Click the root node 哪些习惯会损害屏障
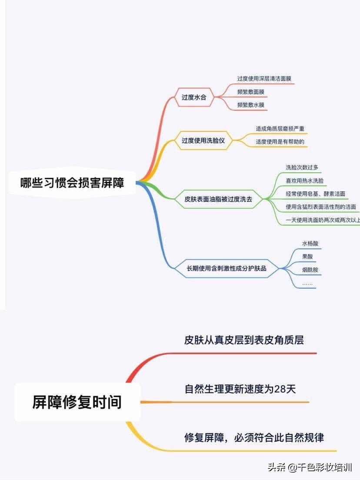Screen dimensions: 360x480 tap(72, 183)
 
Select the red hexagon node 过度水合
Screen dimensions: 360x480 tap(194, 97)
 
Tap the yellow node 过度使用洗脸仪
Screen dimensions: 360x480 tap(203, 140)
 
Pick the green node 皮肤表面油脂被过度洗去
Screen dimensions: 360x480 tap(218, 199)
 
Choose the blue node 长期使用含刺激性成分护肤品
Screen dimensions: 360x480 tap(227, 268)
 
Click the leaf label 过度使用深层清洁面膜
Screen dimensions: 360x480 tap(264, 79)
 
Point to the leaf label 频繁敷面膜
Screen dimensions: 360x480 tap(251, 92)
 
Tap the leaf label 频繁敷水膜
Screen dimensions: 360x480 tap(251, 105)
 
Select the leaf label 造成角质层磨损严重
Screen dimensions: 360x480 tap(280, 129)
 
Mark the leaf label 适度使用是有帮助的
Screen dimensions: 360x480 tap(280, 142)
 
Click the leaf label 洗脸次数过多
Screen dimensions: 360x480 tap(302, 167)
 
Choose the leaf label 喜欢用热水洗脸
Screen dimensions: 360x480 tap(305, 180)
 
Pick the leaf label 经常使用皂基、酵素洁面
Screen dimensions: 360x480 tap(316, 194)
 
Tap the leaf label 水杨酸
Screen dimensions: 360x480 tap(310, 243)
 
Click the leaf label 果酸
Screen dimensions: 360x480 tap(307, 257)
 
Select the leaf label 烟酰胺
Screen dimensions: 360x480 tap(310, 270)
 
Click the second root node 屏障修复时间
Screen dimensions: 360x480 tap(77, 402)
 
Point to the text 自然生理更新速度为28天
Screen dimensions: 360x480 tap(240, 389)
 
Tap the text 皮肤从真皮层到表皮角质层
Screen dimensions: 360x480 tap(244, 340)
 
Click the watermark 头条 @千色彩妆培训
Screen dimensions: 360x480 tap(310, 467)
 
